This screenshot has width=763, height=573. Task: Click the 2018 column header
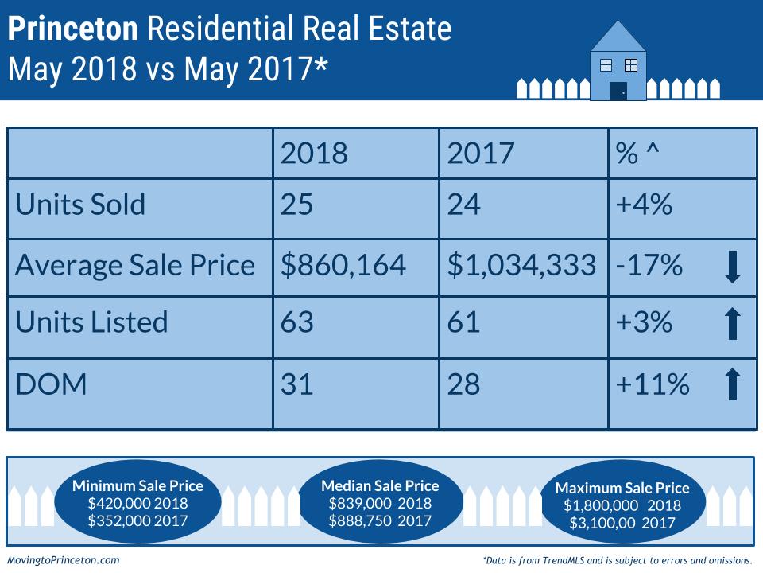click(x=314, y=154)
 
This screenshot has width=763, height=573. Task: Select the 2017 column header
click(x=481, y=154)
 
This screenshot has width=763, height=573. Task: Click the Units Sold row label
click(x=80, y=205)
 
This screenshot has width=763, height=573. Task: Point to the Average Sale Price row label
click(x=135, y=265)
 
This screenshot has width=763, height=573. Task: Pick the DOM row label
click(x=50, y=384)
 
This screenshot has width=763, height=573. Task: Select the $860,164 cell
click(x=343, y=265)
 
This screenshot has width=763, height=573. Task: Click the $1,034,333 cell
click(x=521, y=265)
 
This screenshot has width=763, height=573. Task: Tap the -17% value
click(x=649, y=265)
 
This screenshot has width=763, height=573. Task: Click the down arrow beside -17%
click(x=733, y=267)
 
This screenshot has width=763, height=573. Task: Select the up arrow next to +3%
click(x=733, y=324)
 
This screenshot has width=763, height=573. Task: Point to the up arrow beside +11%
click(x=733, y=384)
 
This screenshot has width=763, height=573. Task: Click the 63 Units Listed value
click(x=297, y=322)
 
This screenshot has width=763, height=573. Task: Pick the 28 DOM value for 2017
click(x=464, y=384)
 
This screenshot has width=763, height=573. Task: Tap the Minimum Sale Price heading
click(x=137, y=485)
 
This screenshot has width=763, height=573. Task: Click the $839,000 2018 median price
click(x=380, y=503)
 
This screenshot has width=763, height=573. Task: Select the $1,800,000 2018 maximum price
click(x=622, y=505)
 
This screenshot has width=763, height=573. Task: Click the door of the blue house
click(x=618, y=91)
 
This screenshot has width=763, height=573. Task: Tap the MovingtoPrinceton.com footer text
click(x=63, y=560)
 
